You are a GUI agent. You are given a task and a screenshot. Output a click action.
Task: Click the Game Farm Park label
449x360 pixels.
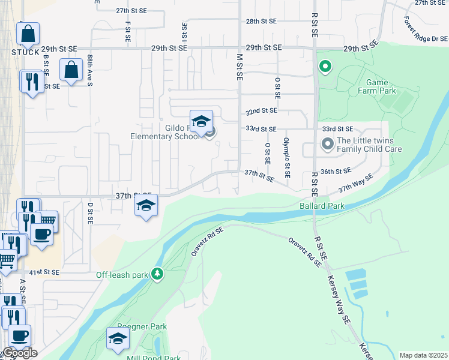pyautogui.click(x=379, y=86)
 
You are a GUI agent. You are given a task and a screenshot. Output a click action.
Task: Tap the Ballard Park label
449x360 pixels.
pyautogui.click(x=322, y=206)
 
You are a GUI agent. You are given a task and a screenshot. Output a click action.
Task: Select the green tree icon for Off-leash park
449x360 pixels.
pyautogui.click(x=157, y=274)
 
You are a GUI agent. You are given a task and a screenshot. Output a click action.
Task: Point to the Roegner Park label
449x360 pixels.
pyautogui.click(x=142, y=326)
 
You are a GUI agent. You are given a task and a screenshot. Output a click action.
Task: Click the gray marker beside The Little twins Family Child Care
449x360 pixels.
pyautogui.click(x=327, y=144)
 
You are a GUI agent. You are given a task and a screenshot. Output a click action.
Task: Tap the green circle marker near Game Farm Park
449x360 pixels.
pyautogui.click(x=325, y=67)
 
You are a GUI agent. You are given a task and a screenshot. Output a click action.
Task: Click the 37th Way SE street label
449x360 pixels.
pyautogui.click(x=355, y=182)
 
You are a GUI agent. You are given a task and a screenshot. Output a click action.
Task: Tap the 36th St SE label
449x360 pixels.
pyautogui.click(x=335, y=171)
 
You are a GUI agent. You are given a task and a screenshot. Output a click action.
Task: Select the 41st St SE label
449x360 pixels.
pyautogui.click(x=44, y=272)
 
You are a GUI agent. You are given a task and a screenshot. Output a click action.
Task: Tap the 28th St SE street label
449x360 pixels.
pyautogui.click(x=261, y=21)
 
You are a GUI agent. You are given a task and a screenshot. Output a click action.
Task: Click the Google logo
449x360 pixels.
pyautogui.click(x=19, y=352)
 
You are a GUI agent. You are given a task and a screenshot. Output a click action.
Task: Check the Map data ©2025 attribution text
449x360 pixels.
pyautogui.click(x=423, y=355)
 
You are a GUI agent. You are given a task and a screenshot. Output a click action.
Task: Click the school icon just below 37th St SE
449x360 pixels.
pyautogui.click(x=146, y=206)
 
